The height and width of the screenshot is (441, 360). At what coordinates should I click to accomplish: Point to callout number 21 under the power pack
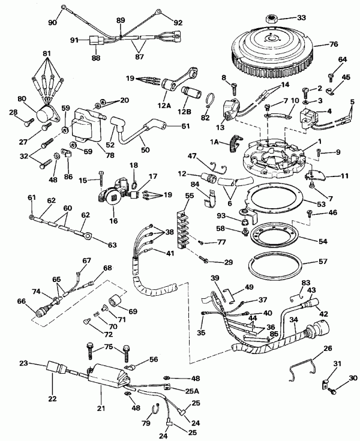point(100,407)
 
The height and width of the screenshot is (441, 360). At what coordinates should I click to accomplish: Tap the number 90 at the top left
point(52,23)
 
